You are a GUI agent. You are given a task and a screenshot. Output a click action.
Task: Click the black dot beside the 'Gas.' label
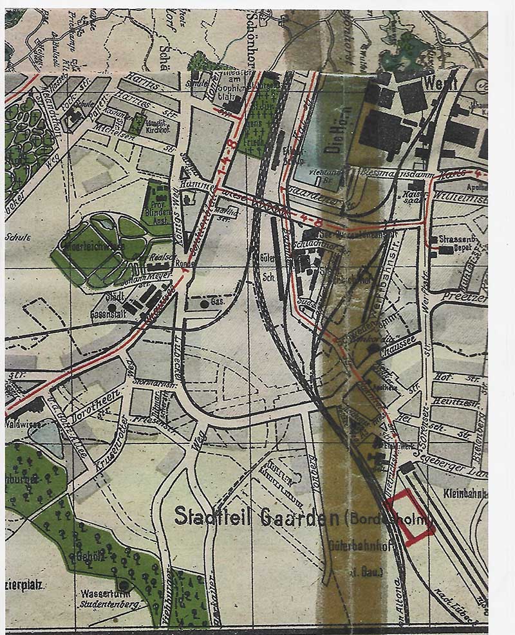click(x=203, y=302)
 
